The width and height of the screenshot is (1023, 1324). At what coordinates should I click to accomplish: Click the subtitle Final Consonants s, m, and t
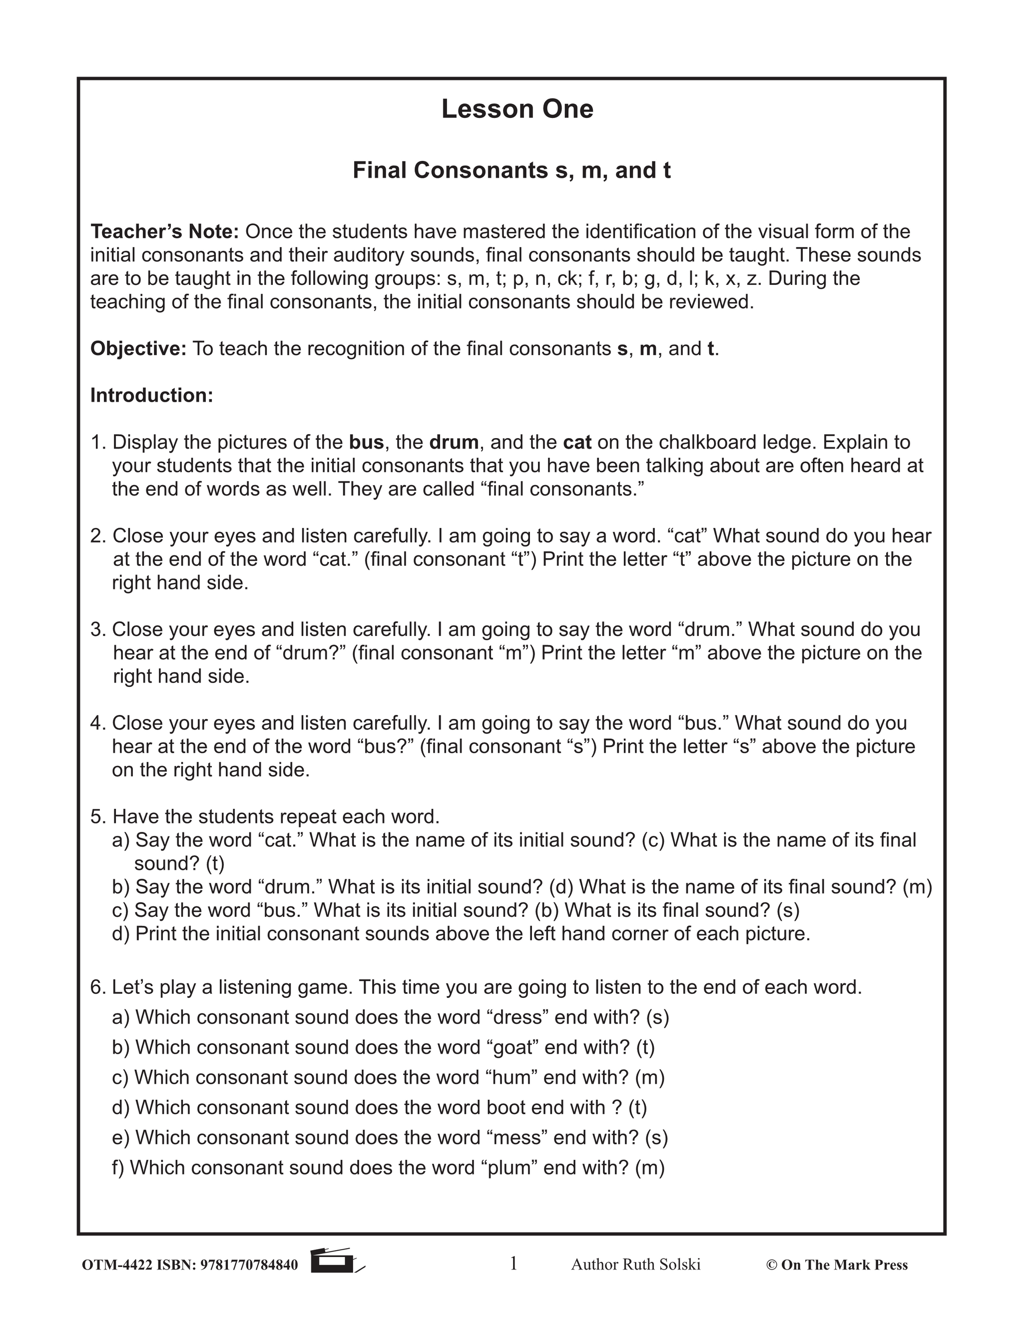pyautogui.click(x=511, y=170)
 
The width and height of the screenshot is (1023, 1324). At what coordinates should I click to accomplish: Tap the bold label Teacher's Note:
pyautogui.click(x=165, y=232)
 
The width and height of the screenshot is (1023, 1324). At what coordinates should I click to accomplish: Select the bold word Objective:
pyautogui.click(x=138, y=349)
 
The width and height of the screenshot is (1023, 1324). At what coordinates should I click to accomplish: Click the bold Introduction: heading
pyautogui.click(x=151, y=395)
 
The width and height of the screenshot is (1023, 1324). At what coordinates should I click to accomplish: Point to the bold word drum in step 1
pyautogui.click(x=454, y=443)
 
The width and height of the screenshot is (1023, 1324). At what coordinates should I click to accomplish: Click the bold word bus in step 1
pyautogui.click(x=366, y=443)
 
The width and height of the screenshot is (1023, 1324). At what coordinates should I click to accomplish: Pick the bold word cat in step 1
pyautogui.click(x=577, y=443)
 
